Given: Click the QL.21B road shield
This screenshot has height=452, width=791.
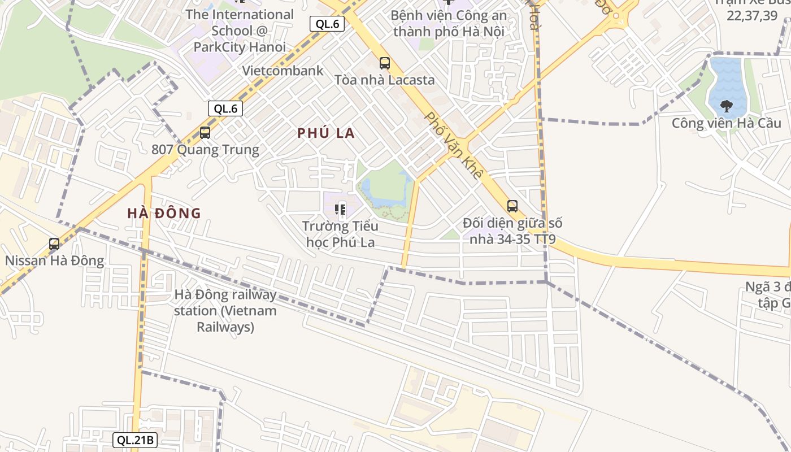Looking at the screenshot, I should (136, 440).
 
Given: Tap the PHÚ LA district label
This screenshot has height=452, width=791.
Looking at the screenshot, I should (326, 133).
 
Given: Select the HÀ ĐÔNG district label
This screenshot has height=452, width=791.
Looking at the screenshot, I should (164, 213).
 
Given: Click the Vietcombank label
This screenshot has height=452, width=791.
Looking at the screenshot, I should (282, 71).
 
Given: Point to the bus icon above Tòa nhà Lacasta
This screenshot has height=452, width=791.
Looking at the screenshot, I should (385, 63).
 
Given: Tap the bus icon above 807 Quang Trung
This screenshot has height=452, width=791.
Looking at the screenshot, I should (205, 133).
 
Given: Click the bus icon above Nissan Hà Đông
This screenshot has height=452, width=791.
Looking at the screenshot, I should (54, 244).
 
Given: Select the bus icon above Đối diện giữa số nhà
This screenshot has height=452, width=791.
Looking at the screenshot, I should (512, 206).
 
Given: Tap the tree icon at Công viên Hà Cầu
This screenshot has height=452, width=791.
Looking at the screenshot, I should (727, 106).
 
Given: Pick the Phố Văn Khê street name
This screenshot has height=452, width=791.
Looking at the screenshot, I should (453, 145).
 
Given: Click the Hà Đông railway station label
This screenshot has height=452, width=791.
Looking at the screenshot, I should (225, 311).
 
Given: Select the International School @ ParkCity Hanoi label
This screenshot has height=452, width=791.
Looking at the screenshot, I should (240, 31).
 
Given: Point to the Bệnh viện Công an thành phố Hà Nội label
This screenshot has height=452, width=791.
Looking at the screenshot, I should (449, 23).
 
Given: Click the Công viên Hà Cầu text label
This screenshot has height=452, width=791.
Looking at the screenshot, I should (727, 123).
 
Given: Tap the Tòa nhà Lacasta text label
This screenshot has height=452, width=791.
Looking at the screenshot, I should (385, 80).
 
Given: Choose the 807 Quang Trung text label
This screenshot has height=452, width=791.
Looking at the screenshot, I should (205, 150).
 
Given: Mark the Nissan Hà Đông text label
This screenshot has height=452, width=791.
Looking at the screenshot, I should (54, 260).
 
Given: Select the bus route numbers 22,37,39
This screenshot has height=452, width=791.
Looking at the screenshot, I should (751, 15).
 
